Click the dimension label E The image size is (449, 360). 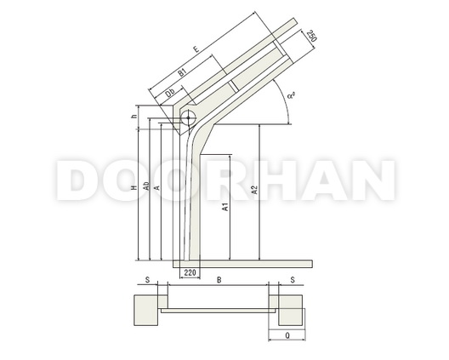coord(196,49)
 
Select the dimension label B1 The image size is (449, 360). coord(182,72)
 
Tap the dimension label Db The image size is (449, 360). coord(170,93)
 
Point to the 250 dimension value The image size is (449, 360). coord(312,36)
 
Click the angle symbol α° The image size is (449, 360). coord(291,94)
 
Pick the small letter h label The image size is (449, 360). coord(134,117)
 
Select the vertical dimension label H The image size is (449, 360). coord(134,188)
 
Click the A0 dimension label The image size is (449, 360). coord(146,186)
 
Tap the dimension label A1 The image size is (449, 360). coord(225,207)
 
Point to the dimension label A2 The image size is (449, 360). coord(254,190)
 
